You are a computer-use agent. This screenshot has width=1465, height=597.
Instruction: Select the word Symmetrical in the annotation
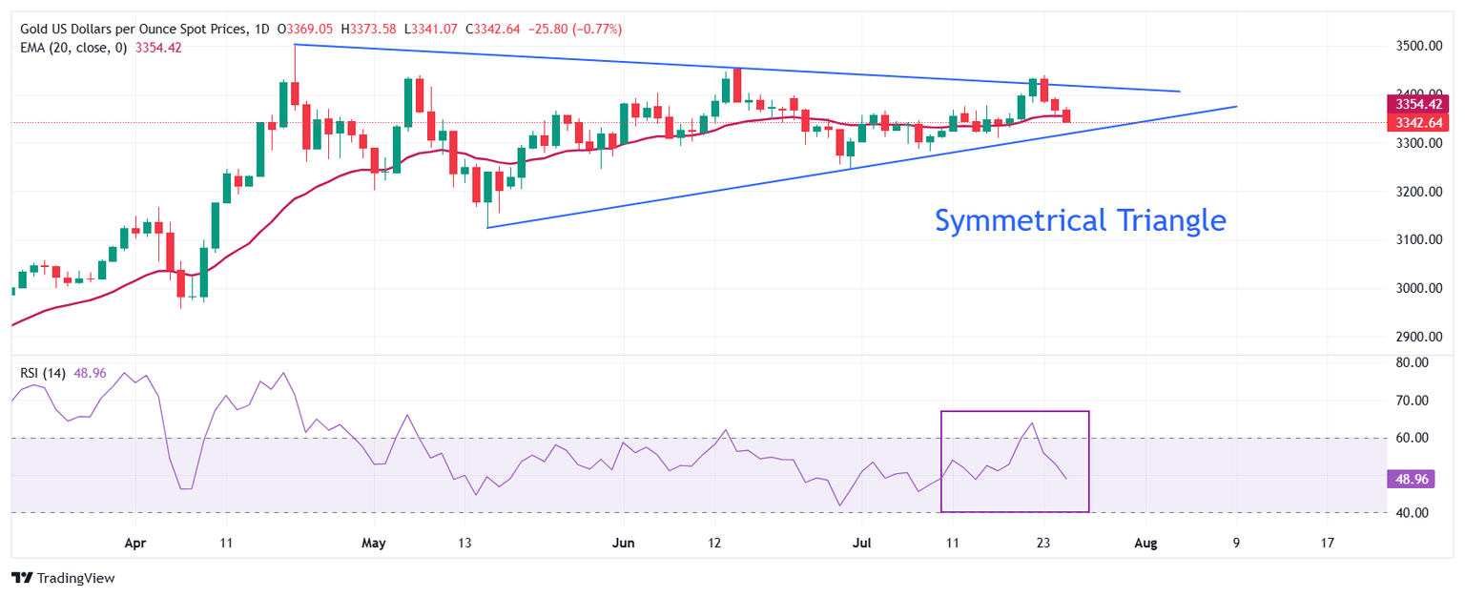[1015, 221]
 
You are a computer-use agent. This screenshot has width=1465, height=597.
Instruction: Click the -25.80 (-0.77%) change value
[582, 30]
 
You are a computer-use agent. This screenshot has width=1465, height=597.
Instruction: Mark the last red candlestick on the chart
[1066, 115]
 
